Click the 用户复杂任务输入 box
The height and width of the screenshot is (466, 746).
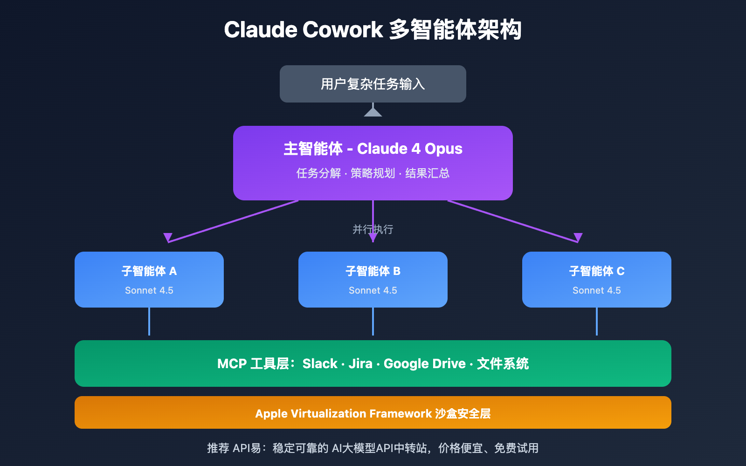pos(373,84)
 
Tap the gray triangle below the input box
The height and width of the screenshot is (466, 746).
pos(373,112)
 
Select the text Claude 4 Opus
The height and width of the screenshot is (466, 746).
pos(409,149)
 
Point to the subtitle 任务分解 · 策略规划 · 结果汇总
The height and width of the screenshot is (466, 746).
pos(373,173)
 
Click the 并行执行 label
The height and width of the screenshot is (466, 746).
pos(373,229)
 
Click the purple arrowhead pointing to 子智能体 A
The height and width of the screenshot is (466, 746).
pos(168,237)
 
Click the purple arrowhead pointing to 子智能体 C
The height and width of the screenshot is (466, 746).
pos(578,237)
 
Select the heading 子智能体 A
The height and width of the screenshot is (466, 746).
pos(149,271)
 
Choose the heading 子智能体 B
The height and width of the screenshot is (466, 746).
pos(373,271)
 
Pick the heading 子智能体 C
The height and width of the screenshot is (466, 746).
pos(597,271)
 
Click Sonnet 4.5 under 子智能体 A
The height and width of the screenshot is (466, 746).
pos(149,290)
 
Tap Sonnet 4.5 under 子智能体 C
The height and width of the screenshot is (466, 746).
pos(597,290)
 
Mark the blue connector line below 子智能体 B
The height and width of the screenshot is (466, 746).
pos(373,322)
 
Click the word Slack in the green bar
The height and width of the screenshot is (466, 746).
pos(320,363)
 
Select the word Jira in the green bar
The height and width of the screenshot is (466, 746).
pos(360,363)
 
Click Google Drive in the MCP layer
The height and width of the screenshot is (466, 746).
pos(424,363)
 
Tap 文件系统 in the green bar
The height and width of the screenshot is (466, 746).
pos(503,363)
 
